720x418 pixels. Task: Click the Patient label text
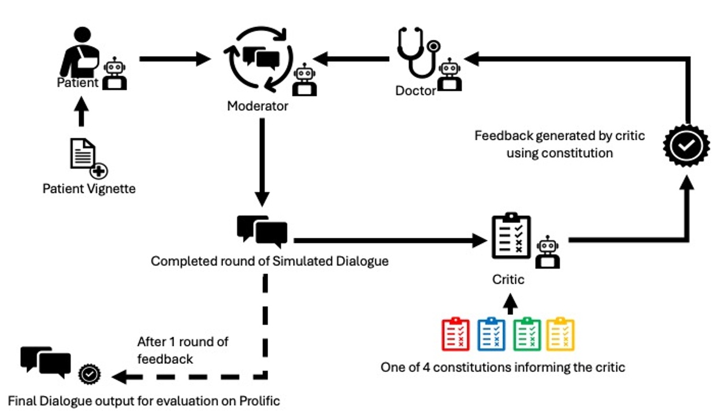point(77,83)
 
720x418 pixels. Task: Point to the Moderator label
point(257,106)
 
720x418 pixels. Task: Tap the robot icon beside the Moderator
point(304,80)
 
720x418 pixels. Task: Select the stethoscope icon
point(418,55)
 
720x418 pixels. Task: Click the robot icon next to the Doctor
point(450,74)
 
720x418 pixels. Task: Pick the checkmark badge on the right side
point(685,145)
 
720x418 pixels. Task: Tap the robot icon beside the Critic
point(547,252)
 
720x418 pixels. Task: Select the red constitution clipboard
point(455,334)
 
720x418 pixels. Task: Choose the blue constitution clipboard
point(491,334)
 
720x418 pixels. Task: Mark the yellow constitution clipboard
point(560,334)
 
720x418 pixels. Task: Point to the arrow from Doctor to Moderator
point(351,58)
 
